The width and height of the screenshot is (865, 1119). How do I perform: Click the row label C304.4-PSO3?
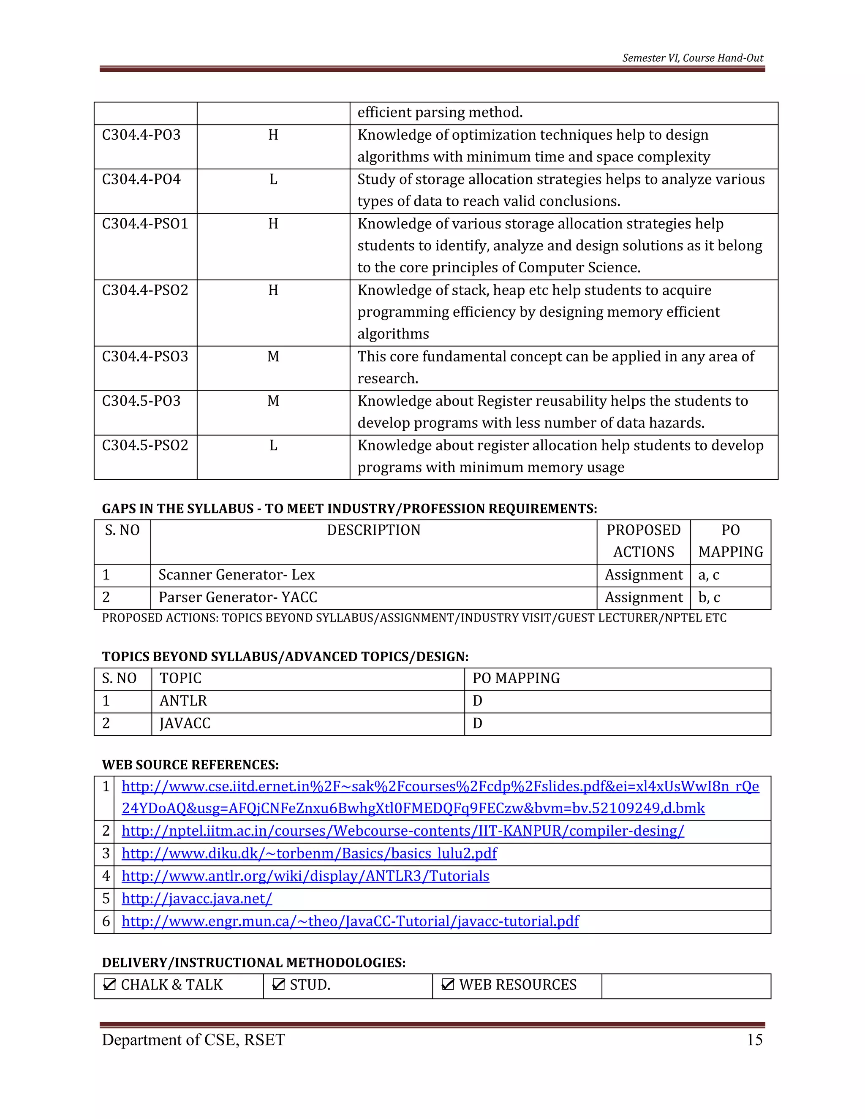[x=145, y=357]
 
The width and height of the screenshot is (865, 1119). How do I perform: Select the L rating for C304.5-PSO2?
[x=273, y=446]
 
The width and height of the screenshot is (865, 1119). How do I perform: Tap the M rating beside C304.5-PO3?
[x=273, y=401]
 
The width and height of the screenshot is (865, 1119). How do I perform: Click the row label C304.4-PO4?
[x=141, y=179]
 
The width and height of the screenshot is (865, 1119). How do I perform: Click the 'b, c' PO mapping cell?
[x=709, y=598]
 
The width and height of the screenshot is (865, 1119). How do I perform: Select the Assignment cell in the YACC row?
[x=644, y=598]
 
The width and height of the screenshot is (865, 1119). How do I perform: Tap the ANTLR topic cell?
[x=183, y=701]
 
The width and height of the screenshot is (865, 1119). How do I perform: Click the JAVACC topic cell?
[x=185, y=723]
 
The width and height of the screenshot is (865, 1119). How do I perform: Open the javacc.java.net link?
[x=197, y=899]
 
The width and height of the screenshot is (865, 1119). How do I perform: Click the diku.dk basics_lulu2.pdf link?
[x=309, y=853]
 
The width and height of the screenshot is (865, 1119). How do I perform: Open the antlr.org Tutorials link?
[x=305, y=876]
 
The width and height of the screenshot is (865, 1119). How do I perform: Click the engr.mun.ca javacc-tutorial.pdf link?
[x=350, y=921]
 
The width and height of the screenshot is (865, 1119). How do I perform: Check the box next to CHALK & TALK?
[x=109, y=984]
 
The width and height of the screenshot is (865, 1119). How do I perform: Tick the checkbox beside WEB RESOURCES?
[x=447, y=984]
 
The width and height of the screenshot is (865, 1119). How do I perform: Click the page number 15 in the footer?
[x=754, y=1040]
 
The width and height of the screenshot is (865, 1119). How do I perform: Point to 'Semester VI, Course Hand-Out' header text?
[x=692, y=58]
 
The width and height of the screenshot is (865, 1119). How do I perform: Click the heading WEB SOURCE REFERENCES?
[x=190, y=765]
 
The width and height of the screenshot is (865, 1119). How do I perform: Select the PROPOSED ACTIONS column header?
[x=644, y=541]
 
